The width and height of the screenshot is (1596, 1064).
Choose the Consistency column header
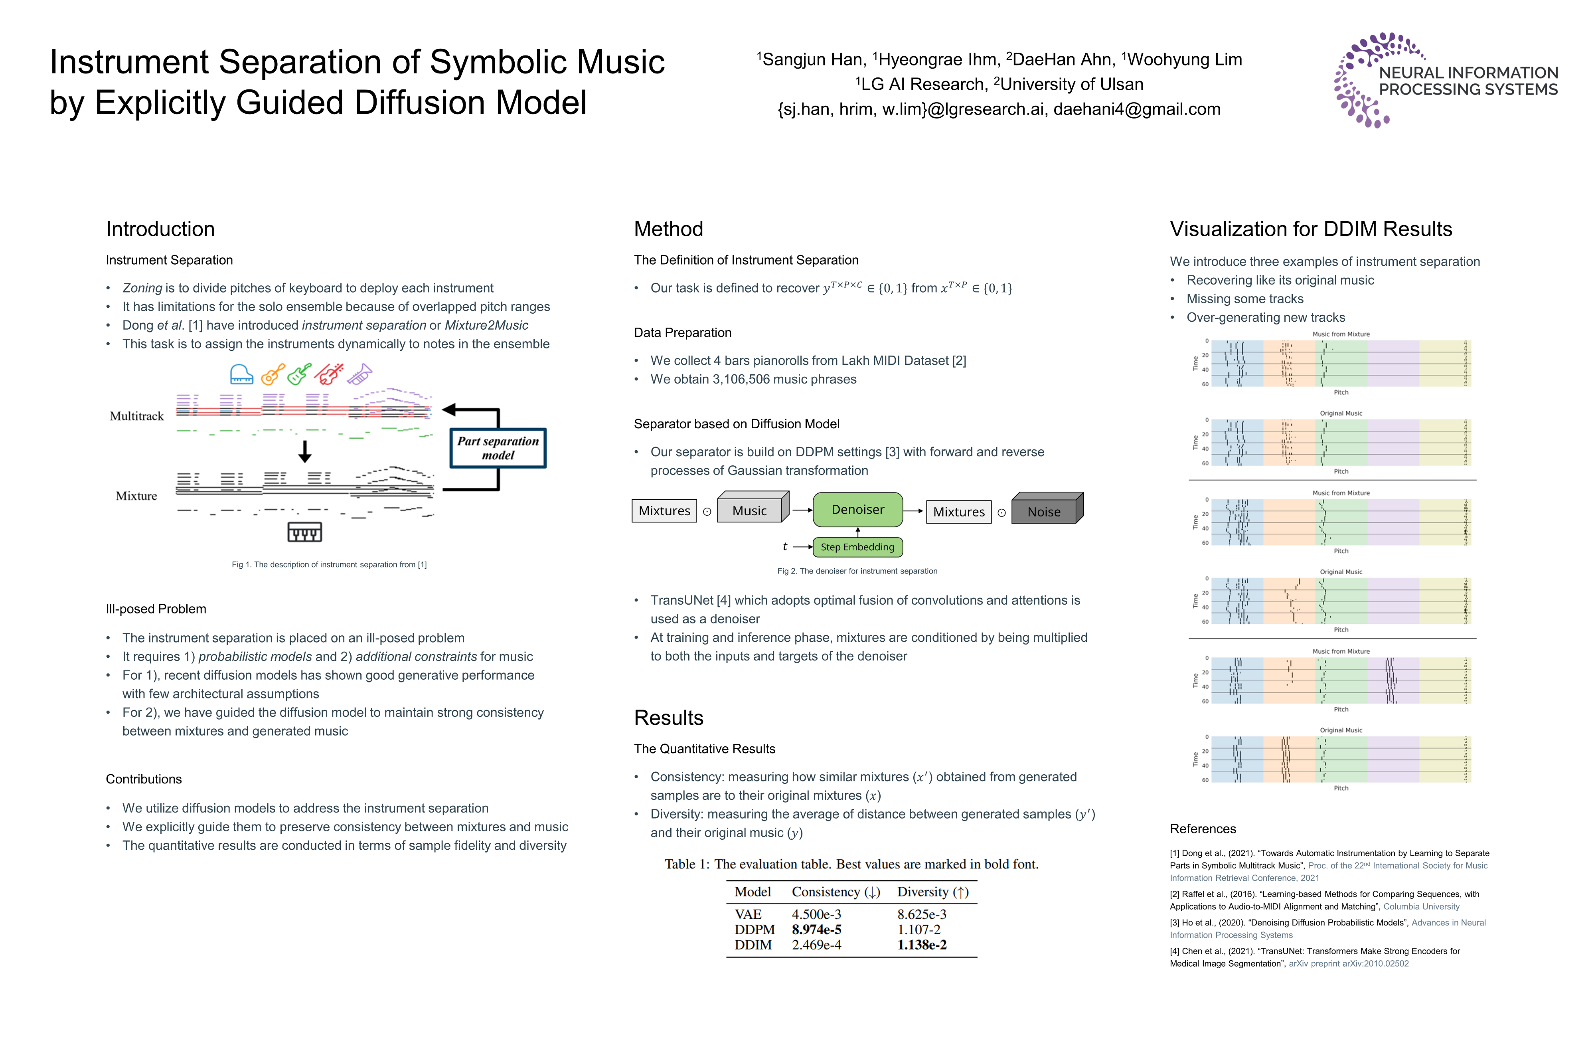click(835, 892)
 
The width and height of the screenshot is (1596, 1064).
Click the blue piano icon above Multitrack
click(241, 374)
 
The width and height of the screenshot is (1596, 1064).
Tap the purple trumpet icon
click(359, 374)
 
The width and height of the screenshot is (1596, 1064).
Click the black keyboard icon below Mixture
click(304, 532)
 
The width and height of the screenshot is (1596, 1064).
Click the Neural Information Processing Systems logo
click(1445, 80)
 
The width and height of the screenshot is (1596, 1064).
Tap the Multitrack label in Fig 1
click(136, 416)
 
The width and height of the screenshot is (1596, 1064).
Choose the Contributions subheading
click(143, 779)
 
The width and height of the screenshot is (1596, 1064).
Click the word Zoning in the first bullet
click(142, 288)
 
